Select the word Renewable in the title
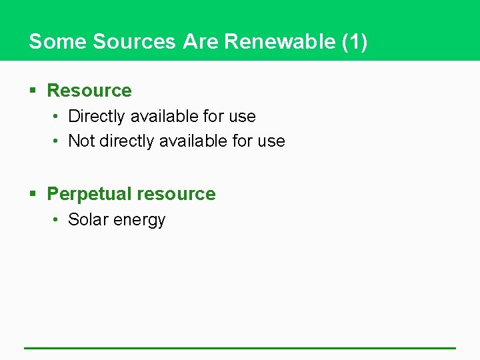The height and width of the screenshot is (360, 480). click(x=280, y=41)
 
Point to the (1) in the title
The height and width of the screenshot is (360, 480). click(x=354, y=41)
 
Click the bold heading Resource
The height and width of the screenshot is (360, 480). click(x=89, y=90)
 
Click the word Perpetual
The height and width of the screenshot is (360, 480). click(x=89, y=194)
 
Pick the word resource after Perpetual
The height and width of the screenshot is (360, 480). click(x=176, y=194)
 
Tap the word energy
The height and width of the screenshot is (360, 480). click(x=139, y=221)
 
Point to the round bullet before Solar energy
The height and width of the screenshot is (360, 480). click(x=58, y=219)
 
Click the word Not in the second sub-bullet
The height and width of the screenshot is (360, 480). click(x=81, y=141)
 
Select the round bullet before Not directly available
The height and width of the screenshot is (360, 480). click(x=58, y=141)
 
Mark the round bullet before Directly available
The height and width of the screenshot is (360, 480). click(x=58, y=116)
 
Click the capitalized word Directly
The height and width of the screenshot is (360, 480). click(x=97, y=117)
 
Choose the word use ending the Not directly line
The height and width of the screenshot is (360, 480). click(x=271, y=141)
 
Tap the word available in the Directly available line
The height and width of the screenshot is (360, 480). click(x=164, y=116)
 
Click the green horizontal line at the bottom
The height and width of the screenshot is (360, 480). click(x=240, y=347)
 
